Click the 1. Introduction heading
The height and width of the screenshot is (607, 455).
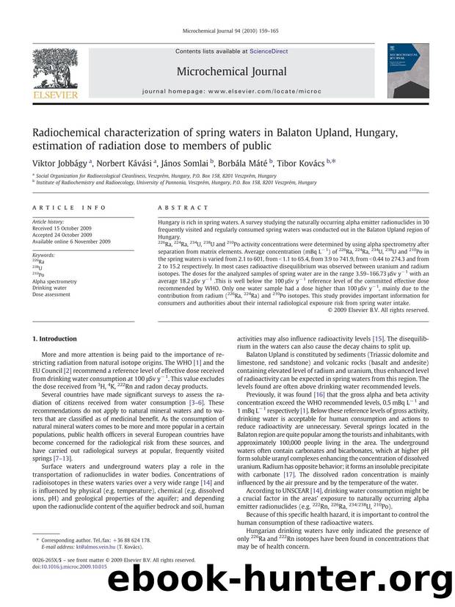pyautogui.click(x=54, y=339)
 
